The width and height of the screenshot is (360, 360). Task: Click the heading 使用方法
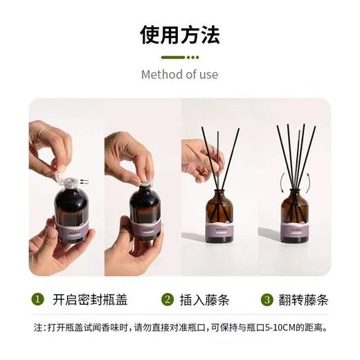pos(179,35)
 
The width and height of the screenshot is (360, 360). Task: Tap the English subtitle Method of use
pos(179,74)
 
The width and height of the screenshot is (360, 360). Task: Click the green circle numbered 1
pos(38,300)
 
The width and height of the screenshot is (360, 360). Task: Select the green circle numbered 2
pos(167,300)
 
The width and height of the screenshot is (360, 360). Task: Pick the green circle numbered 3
pos(267,300)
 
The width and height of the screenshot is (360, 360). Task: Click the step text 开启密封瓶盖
pos(90,300)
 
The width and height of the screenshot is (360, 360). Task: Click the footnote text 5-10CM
pos(266,327)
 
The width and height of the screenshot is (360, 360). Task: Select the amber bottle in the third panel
pos(218,215)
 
